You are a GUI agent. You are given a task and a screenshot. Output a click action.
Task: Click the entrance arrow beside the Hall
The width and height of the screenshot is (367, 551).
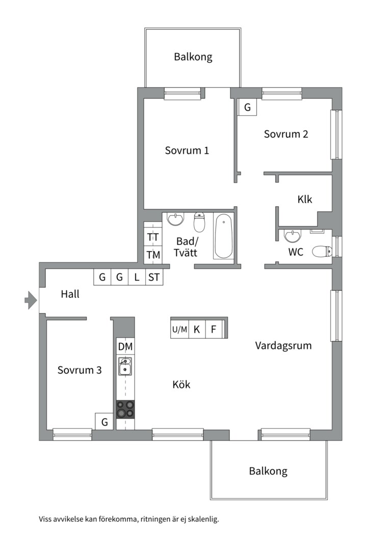pos(31,300)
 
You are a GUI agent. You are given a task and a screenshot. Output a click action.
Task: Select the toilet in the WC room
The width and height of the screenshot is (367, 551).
pos(322,251)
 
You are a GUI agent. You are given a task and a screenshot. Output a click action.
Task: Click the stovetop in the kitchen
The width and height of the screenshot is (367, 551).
pos(125,410)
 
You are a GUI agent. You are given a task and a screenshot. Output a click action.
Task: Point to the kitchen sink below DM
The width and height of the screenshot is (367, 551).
pos(125,366)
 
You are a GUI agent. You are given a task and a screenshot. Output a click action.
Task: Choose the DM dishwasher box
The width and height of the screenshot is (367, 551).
pos(125,346)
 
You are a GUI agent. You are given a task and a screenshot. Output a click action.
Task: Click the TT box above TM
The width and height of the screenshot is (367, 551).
pos(153,237)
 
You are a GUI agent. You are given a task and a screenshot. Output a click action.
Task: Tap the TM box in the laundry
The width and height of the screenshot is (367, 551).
pos(153,255)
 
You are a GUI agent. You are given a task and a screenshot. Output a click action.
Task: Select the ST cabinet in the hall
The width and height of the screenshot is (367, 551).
pos(154,277)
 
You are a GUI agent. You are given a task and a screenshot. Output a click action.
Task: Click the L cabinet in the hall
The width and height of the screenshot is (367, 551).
pos(137,277)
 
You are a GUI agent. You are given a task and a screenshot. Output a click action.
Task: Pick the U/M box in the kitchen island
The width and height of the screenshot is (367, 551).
pos(180,329)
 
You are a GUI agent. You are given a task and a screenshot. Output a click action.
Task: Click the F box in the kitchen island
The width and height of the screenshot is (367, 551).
pos(214,329)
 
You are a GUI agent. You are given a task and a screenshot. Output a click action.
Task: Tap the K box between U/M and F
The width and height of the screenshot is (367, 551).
pos(197,329)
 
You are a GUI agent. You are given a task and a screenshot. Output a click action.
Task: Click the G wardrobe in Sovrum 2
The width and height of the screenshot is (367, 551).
pos(247,107)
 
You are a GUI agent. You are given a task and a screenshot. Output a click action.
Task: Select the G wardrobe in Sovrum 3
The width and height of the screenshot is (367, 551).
pos(104,421)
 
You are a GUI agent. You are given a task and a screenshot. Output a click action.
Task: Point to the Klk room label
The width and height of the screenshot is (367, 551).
pos(304,199)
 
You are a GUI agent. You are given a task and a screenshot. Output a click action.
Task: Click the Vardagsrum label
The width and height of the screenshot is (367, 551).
pos(283,346)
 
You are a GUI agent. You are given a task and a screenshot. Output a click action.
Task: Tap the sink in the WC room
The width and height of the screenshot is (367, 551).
pos(292,236)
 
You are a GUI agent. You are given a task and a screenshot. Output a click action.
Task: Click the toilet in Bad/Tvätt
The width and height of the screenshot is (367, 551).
pos(199,222)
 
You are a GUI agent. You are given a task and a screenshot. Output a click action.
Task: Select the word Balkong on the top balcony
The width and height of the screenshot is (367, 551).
pos(193,57)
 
